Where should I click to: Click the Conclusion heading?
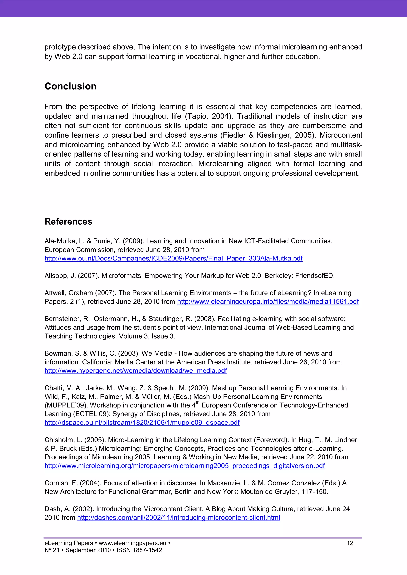coord(70,86)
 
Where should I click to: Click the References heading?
coord(68,221)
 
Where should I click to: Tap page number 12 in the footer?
coord(350,543)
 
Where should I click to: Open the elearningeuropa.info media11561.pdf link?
coord(268,302)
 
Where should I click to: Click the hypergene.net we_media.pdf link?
coord(136,371)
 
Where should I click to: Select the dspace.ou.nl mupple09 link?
coord(142,423)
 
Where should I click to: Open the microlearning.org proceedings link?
coord(184,466)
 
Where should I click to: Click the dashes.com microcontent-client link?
coord(178,518)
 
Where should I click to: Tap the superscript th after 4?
coord(198,403)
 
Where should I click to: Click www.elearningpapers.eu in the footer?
coord(132,543)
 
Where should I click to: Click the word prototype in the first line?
coord(60,47)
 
